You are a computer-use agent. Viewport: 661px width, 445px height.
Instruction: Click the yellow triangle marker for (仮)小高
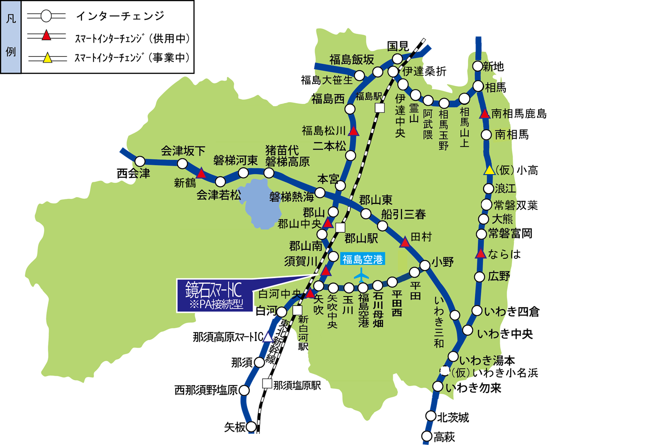click(x=489, y=170)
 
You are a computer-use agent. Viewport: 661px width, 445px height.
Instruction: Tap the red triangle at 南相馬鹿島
click(x=485, y=114)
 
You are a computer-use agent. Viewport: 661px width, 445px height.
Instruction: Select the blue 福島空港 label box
click(x=362, y=259)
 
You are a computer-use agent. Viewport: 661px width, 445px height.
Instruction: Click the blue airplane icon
click(x=361, y=274)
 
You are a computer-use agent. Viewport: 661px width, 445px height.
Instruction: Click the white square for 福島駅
click(x=380, y=108)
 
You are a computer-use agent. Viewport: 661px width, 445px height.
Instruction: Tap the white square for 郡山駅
click(x=341, y=228)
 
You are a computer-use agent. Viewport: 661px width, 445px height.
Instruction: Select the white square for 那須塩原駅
click(x=267, y=384)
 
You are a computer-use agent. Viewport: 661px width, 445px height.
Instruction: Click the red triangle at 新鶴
click(x=201, y=173)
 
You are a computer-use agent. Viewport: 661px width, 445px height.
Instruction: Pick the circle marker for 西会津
click(x=140, y=161)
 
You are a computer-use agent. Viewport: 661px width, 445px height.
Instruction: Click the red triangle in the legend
click(x=46, y=36)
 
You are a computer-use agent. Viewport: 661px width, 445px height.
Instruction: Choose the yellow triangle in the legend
click(x=47, y=58)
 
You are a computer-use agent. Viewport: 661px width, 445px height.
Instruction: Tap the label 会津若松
click(x=219, y=195)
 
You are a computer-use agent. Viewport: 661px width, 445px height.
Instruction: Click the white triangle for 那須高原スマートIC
click(x=268, y=337)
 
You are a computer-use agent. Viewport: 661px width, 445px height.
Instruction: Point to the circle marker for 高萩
click(x=427, y=436)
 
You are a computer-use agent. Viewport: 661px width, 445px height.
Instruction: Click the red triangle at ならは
click(x=481, y=254)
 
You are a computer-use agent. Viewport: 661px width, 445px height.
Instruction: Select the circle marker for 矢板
click(x=251, y=427)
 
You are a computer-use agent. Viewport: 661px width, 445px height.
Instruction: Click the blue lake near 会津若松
click(x=258, y=203)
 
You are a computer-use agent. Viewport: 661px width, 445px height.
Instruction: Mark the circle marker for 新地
click(x=478, y=66)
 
